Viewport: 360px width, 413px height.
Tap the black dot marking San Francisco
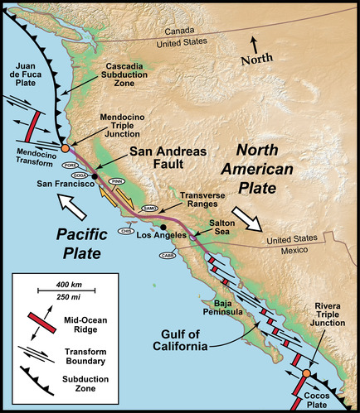[95, 176]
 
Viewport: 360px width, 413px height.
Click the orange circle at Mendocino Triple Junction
[66, 149]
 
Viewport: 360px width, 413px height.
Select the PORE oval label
[71, 166]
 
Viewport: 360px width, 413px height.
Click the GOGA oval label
[80, 175]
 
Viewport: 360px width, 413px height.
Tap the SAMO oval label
[149, 209]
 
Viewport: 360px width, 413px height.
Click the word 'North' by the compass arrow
[255, 60]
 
